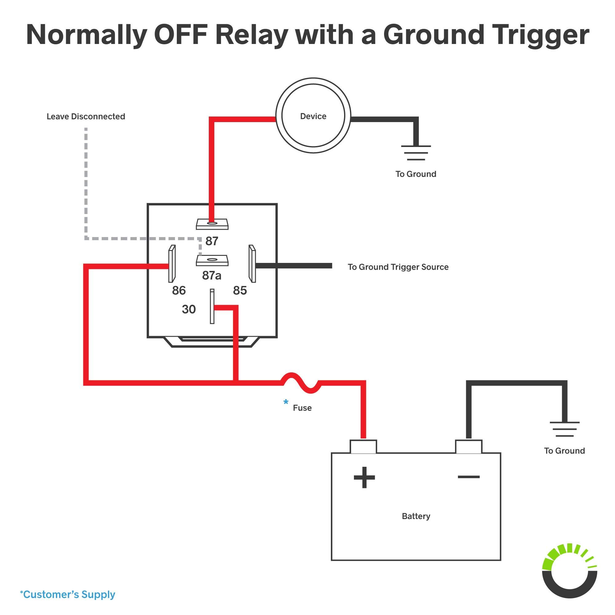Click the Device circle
pos(313,116)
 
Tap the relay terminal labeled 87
pos(212,224)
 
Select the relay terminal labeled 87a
pos(212,260)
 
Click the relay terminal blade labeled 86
pos(172,264)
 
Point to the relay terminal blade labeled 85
pos(252,264)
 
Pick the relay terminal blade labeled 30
pos(212,306)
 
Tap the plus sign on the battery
pos(364,477)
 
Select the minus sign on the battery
pos(469,477)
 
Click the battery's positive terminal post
pos(363,446)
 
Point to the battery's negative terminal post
pos(469,446)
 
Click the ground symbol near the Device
pos(416,153)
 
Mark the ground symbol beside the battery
pos(564,429)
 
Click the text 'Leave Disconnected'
pos(86,117)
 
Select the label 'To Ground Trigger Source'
pos(398,267)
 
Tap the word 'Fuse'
pos(302,408)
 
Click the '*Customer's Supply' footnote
pos(67,595)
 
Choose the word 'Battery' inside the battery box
pos(416,516)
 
